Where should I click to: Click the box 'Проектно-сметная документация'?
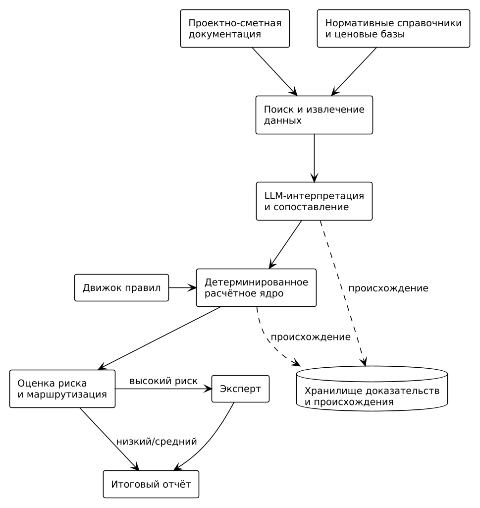pos(235,29)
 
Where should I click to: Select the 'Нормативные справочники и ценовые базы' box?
pos(393,29)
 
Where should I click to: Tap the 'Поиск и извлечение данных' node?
pos(314,115)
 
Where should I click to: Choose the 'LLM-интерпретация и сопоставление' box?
pos(314,201)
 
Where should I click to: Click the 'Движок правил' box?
pos(121,287)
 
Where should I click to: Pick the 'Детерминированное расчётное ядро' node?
pos(256,287)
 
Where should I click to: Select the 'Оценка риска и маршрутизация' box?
pos(62,389)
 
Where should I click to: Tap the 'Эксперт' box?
pos(240,389)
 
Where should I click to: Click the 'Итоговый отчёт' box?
pos(151,484)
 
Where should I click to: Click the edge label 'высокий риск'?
pos(163,381)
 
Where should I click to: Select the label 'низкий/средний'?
pos(157,442)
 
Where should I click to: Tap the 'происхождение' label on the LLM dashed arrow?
pos(388,288)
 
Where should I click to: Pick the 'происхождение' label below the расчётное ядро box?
pos(311,338)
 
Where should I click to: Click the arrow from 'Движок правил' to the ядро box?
pos(183,287)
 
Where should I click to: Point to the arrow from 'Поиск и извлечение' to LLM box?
pos(314,158)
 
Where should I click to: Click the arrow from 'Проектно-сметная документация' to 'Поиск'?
pos(274,71)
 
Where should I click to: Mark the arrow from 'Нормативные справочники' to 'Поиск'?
pos(354,71)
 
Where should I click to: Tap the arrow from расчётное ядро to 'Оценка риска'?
pos(160,338)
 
